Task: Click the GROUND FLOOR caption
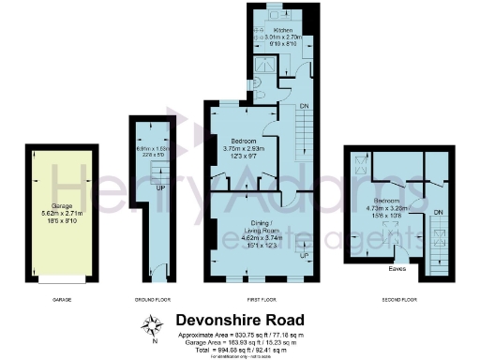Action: coord(151,301)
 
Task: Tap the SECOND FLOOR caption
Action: coord(398,301)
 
